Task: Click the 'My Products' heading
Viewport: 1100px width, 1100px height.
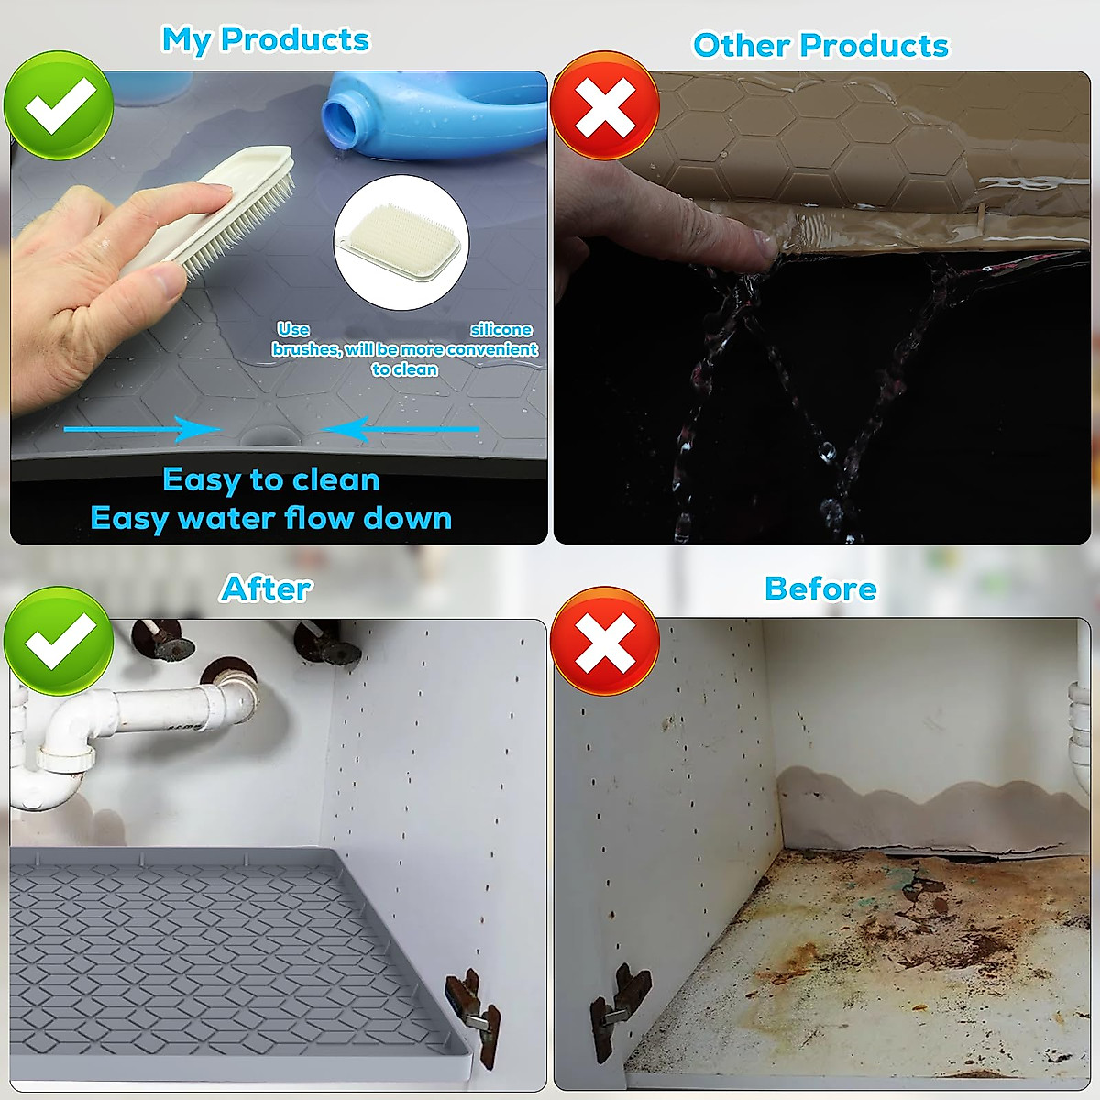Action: pos(265,40)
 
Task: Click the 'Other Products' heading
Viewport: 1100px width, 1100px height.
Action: pos(820,46)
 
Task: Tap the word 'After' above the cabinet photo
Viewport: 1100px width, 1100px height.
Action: pos(266,588)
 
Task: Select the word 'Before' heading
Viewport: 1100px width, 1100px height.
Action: pos(820,588)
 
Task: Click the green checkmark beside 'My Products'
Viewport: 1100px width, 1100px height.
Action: pos(59,105)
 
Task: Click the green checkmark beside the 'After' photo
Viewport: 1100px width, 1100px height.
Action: pos(59,641)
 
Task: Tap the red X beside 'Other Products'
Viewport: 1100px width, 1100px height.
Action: pos(605,105)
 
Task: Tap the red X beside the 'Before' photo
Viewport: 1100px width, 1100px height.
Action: pos(605,641)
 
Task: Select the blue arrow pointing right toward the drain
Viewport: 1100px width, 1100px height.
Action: pos(142,429)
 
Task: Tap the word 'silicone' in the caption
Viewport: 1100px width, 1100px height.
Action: pos(501,330)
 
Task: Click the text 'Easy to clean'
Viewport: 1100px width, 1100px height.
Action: pos(270,479)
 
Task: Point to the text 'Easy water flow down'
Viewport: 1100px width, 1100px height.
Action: pos(270,519)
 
